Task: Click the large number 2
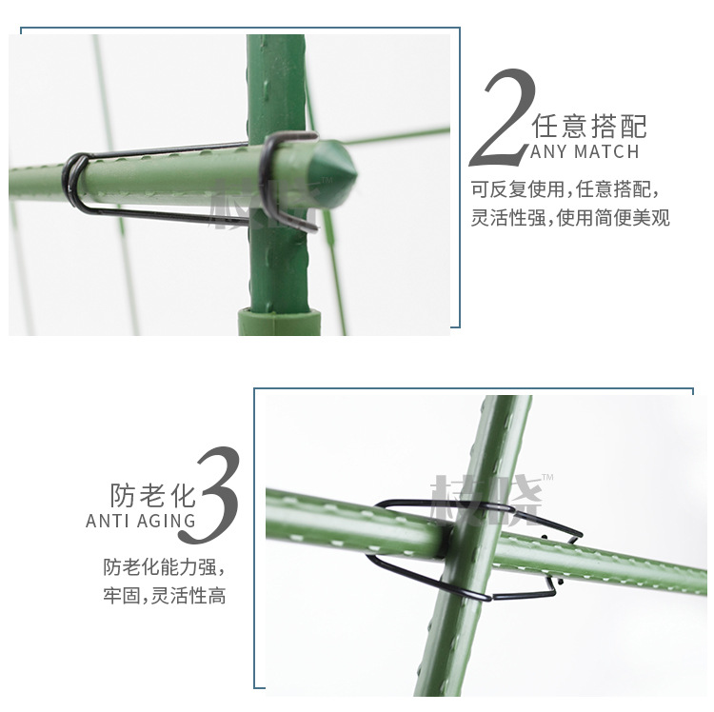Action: (x=506, y=117)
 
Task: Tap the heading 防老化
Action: (x=152, y=496)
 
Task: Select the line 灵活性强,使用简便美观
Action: (x=570, y=218)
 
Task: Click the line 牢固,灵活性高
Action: (x=164, y=597)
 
